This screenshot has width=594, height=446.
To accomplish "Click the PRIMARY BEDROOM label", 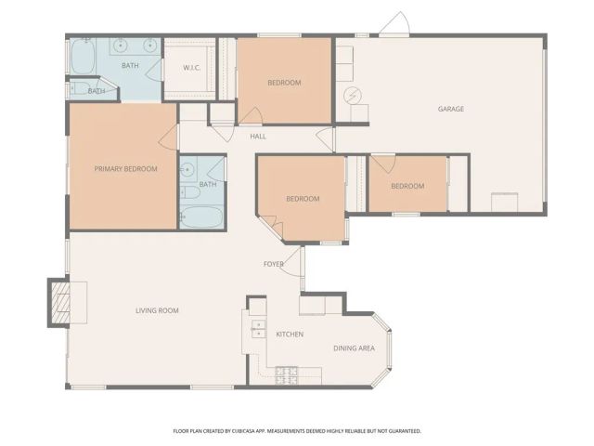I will click(x=125, y=169).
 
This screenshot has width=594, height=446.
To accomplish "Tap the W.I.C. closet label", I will click(x=192, y=68).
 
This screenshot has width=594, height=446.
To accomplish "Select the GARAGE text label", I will click(x=451, y=109).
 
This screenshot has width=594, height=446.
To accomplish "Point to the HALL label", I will click(x=258, y=137).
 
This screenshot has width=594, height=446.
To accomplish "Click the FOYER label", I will click(x=274, y=264).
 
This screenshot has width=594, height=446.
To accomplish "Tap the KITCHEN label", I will click(x=290, y=334).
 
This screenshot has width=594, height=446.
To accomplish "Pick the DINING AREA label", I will click(x=354, y=348).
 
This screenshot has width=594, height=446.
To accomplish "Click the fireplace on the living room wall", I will click(x=61, y=303).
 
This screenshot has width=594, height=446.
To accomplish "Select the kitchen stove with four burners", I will click(x=287, y=374).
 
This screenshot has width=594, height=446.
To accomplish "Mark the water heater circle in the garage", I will click(x=353, y=96).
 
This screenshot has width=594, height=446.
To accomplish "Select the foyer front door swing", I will click(x=292, y=264).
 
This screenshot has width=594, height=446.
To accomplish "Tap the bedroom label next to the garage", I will click(x=407, y=186).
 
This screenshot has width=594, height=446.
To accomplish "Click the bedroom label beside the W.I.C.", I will click(x=284, y=83).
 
